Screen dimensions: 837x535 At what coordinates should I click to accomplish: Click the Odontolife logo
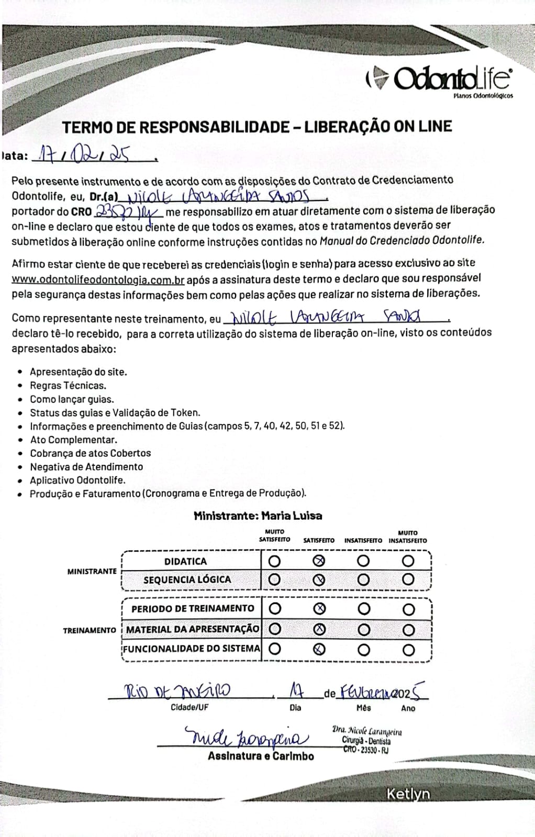click(x=439, y=80)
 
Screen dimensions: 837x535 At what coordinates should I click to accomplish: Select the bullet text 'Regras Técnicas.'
click(x=68, y=386)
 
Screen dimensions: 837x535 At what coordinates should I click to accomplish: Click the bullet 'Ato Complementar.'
click(x=73, y=440)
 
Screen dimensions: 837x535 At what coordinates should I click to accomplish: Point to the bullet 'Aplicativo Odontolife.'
click(x=77, y=480)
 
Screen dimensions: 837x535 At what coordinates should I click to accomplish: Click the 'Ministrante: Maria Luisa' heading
click(x=258, y=516)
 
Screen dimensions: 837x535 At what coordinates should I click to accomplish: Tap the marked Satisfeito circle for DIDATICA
click(x=319, y=561)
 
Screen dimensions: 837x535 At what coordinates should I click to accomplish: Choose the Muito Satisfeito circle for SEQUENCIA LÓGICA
click(x=274, y=579)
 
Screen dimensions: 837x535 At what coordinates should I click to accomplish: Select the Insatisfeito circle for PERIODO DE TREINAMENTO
click(x=364, y=609)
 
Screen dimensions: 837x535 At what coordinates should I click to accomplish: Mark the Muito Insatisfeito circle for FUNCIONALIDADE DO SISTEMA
click(x=408, y=650)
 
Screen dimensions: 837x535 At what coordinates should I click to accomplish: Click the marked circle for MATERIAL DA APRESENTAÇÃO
click(x=319, y=629)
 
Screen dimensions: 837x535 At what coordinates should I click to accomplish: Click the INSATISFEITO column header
click(x=363, y=541)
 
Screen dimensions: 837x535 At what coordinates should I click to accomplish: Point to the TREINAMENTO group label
click(x=90, y=630)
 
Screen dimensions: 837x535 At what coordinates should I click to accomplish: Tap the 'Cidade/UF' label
click(x=190, y=707)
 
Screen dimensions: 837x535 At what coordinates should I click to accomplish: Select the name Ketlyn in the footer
click(x=408, y=794)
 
